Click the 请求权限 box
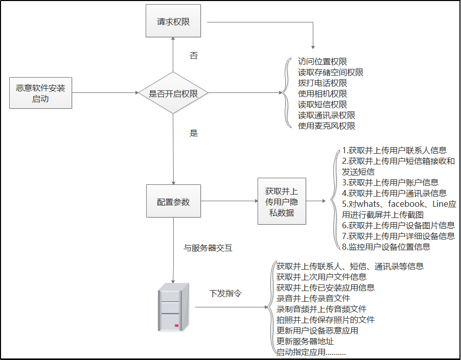tap(173, 21)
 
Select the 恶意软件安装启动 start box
tap(40, 93)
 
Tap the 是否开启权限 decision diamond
tap(173, 93)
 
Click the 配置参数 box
tap(173, 202)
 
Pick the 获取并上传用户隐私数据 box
tap(282, 202)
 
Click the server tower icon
tap(173, 306)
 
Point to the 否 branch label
tap(194, 56)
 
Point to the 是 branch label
tap(194, 133)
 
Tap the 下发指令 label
tap(225, 294)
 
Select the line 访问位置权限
tap(322, 61)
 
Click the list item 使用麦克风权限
tap(327, 126)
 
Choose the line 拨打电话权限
tap(322, 83)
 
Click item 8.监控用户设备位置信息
tap(386, 247)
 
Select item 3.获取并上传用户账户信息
tap(390, 182)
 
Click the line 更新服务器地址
tap(305, 341)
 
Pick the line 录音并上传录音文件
tap(313, 298)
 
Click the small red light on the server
tap(176, 325)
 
